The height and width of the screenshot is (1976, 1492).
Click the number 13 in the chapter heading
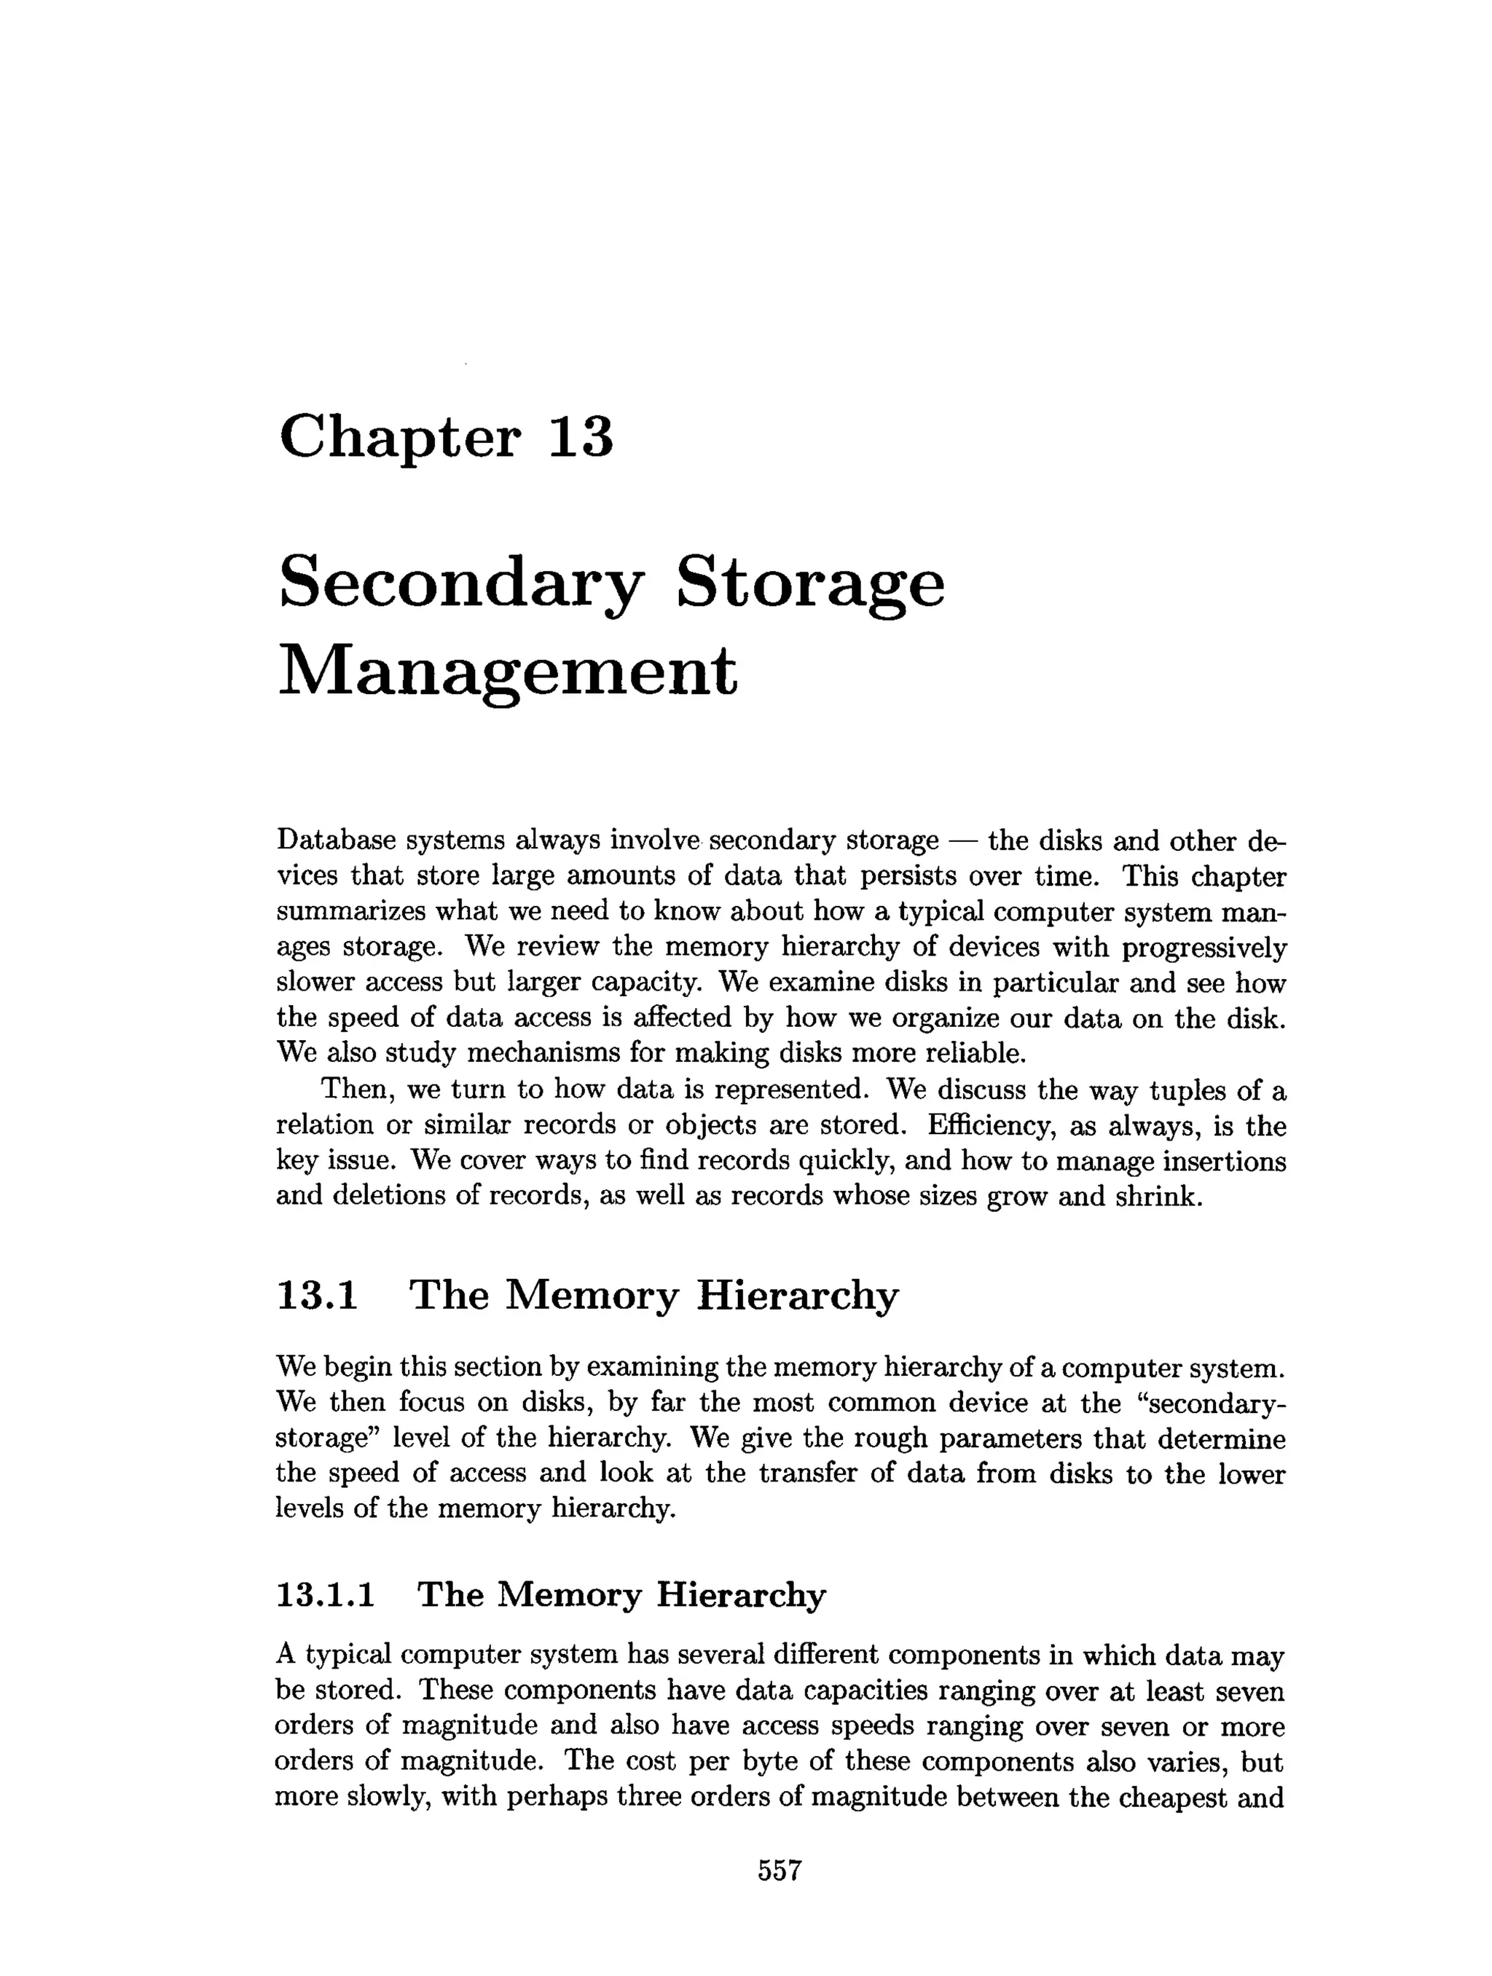click(580, 437)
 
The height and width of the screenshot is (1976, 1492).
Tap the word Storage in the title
click(809, 584)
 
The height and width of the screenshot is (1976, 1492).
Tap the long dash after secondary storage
click(963, 841)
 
